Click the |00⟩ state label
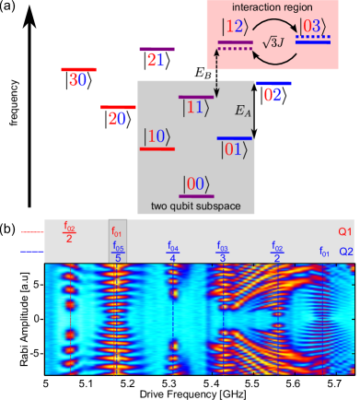pyautogui.click(x=196, y=183)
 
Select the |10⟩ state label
pyautogui.click(x=155, y=135)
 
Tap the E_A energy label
pyautogui.click(x=242, y=111)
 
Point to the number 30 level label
pyautogui.click(x=78, y=80)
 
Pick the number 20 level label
pyautogui.click(x=117, y=118)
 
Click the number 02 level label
pyautogui.click(x=273, y=94)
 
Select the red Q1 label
pyautogui.click(x=345, y=231)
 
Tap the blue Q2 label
pyautogui.click(x=345, y=250)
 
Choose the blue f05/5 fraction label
pyautogui.click(x=118, y=253)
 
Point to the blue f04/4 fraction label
pyautogui.click(x=172, y=253)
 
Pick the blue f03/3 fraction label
pyautogui.click(x=222, y=253)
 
